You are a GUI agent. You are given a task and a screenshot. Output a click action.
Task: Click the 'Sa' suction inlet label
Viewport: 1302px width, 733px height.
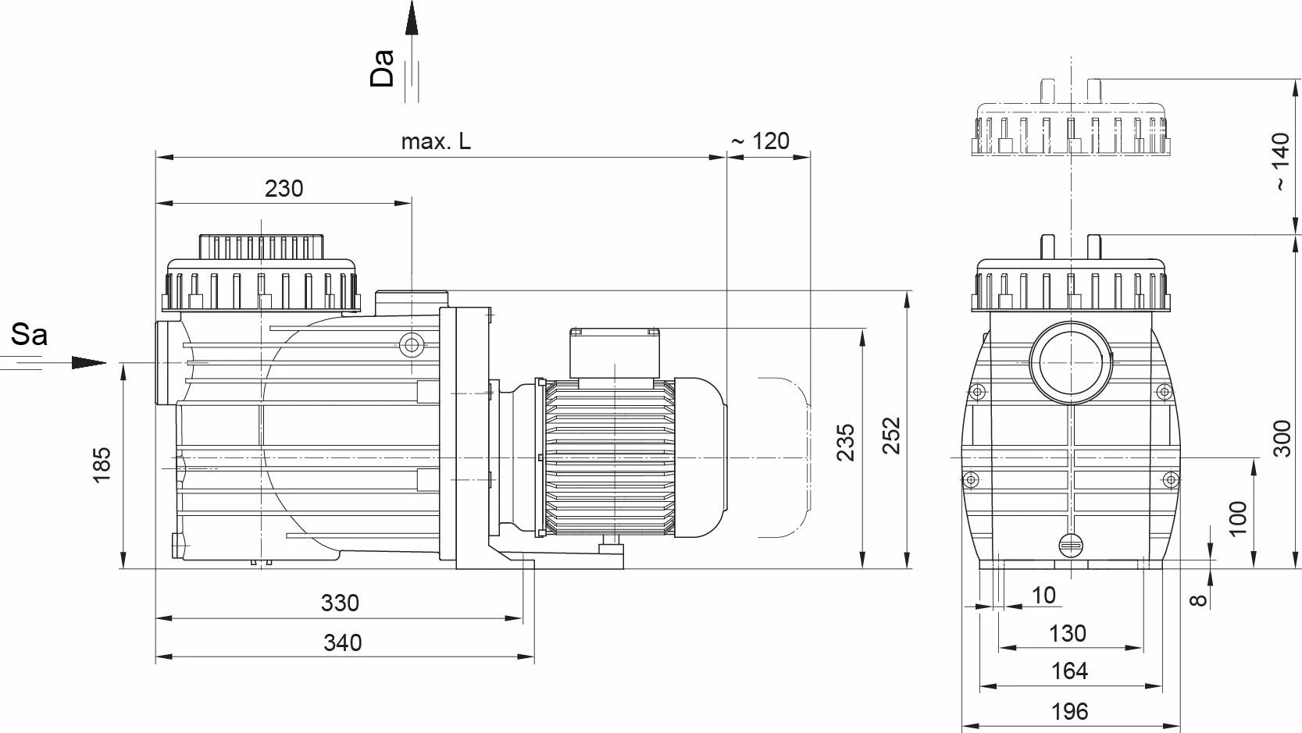29,335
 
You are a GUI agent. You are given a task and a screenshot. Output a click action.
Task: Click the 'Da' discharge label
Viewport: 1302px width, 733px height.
383,68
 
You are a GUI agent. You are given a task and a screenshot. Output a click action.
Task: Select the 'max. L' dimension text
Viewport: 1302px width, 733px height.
436,141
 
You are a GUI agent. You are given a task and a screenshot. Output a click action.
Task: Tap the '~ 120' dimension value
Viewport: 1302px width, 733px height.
760,141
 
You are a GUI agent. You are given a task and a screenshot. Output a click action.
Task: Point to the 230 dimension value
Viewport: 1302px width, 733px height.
284,189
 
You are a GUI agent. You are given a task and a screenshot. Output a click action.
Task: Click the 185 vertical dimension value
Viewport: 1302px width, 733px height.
102,465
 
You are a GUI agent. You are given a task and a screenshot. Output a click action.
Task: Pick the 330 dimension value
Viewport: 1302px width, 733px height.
340,603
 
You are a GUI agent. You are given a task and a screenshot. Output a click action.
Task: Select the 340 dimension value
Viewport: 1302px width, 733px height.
342,642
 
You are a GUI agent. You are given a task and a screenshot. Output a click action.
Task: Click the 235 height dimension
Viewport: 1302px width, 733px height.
846,443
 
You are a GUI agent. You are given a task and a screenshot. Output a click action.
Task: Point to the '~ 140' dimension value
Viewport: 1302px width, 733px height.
1281,162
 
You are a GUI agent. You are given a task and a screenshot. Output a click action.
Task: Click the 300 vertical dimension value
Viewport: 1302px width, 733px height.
1281,439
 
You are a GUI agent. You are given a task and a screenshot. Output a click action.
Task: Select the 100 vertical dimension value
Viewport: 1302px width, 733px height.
1238,518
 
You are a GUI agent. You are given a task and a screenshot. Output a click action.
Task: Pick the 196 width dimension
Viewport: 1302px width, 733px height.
1068,711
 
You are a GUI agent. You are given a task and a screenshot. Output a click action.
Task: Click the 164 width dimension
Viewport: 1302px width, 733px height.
1068,671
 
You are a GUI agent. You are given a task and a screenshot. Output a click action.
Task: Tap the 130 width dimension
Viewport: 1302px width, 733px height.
1067,632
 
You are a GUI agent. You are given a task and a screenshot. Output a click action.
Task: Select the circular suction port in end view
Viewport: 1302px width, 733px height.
1068,361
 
